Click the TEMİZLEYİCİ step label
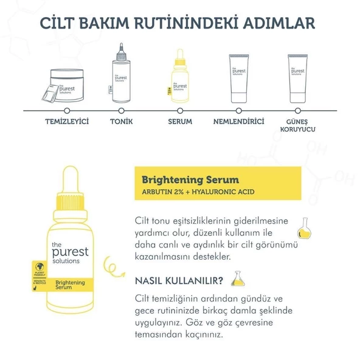pyautogui.click(x=67, y=122)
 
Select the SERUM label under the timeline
pyautogui.click(x=179, y=122)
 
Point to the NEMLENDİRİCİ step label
pyautogui.click(x=238, y=122)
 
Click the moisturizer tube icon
pyautogui.click(x=239, y=78)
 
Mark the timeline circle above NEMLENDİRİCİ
pyautogui.click(x=239, y=110)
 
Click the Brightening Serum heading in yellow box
pyautogui.click(x=190, y=180)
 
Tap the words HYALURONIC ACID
pyautogui.click(x=230, y=194)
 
